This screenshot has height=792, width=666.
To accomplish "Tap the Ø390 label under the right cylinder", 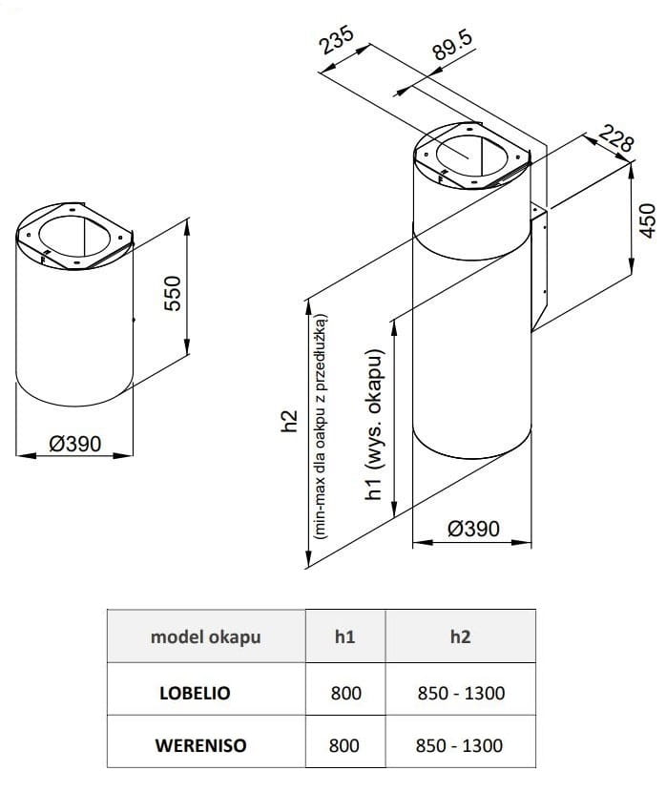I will click(x=473, y=529).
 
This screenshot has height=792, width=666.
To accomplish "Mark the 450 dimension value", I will click(x=650, y=220).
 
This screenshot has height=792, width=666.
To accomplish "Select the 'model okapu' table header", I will click(x=205, y=636).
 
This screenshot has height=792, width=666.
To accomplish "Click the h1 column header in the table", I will click(x=344, y=636).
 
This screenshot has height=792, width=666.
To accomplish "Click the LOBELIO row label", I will click(x=194, y=692).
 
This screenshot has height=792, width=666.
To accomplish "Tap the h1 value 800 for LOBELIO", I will click(x=344, y=692).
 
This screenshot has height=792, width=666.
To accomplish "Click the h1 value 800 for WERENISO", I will click(x=344, y=744).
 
